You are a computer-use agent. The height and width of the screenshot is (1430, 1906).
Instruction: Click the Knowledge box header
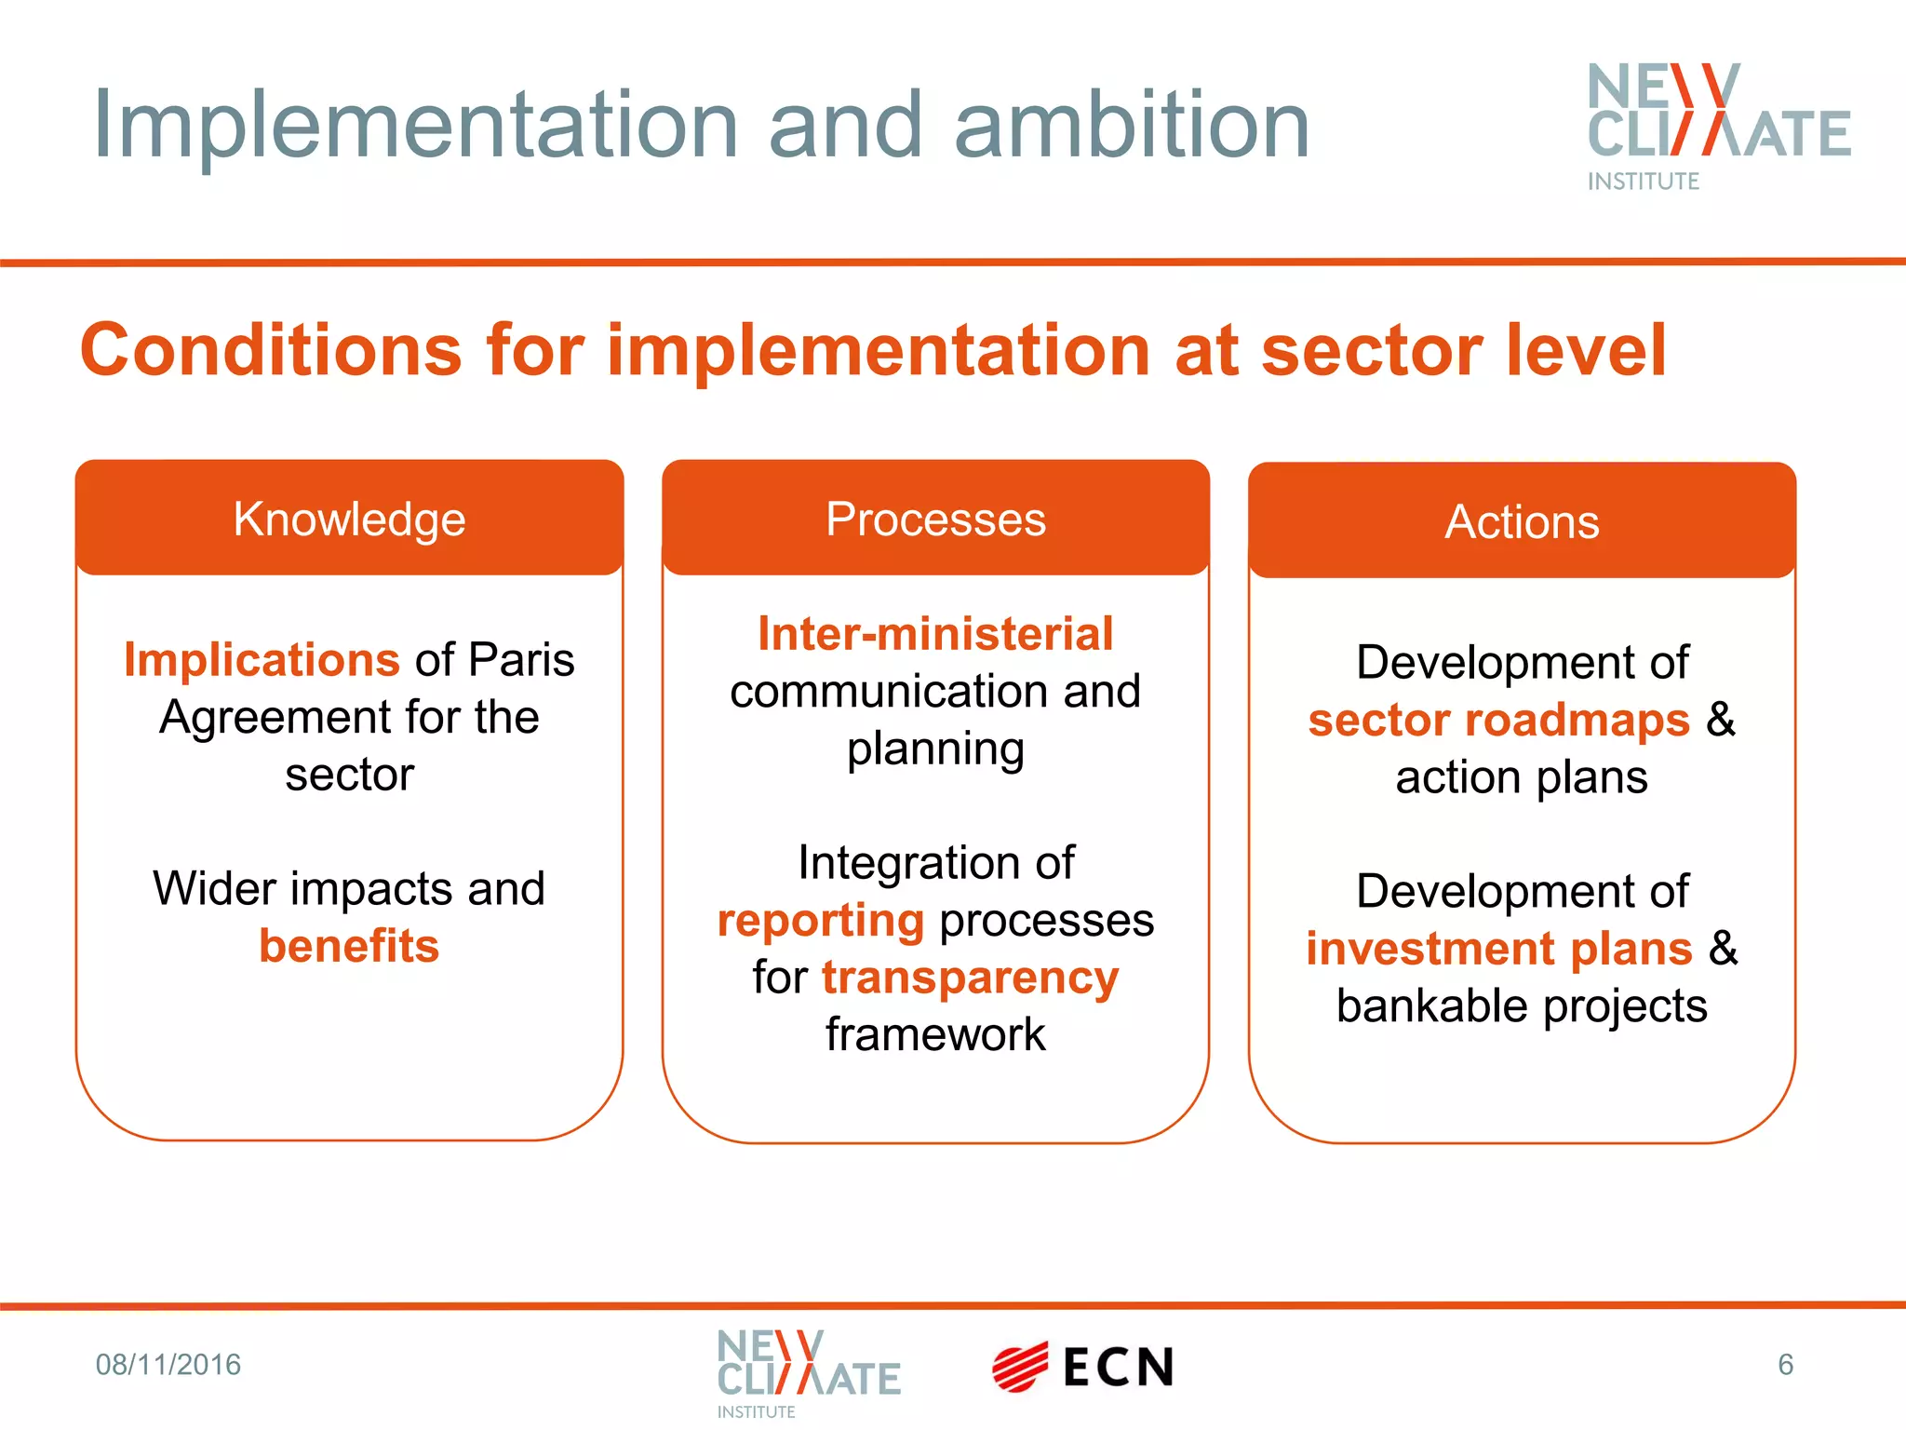click(x=349, y=519)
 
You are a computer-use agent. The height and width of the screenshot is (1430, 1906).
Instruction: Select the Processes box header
click(x=935, y=519)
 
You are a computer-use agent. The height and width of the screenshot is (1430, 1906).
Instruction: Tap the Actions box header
click(x=1522, y=521)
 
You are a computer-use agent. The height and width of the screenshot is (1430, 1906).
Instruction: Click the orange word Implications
click(x=262, y=660)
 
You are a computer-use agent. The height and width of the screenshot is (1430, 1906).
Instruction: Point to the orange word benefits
click(x=349, y=946)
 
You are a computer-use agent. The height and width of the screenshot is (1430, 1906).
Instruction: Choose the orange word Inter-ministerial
click(x=935, y=634)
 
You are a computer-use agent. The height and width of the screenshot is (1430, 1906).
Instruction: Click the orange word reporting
click(x=821, y=922)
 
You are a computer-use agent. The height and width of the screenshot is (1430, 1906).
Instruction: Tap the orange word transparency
click(x=970, y=978)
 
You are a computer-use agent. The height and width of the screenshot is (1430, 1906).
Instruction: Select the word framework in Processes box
click(x=935, y=1034)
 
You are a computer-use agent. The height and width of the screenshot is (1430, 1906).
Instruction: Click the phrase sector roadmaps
click(x=1498, y=721)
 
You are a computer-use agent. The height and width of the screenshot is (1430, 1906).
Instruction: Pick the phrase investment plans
click(x=1498, y=949)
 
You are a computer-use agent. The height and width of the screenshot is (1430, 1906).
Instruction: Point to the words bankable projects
click(x=1522, y=1006)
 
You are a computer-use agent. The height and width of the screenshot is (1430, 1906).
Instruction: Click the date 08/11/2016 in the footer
click(x=168, y=1365)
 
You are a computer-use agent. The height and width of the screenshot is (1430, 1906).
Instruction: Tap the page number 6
click(x=1785, y=1365)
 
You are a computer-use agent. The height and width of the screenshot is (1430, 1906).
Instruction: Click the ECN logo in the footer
click(x=1082, y=1367)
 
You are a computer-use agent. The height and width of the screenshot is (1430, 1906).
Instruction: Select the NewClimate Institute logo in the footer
click(x=808, y=1372)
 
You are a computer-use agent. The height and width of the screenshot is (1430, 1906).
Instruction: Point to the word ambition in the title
click(x=1132, y=126)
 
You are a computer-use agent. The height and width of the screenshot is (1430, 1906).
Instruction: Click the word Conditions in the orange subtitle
click(x=271, y=350)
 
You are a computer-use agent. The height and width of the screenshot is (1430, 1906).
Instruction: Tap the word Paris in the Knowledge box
click(x=521, y=660)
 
